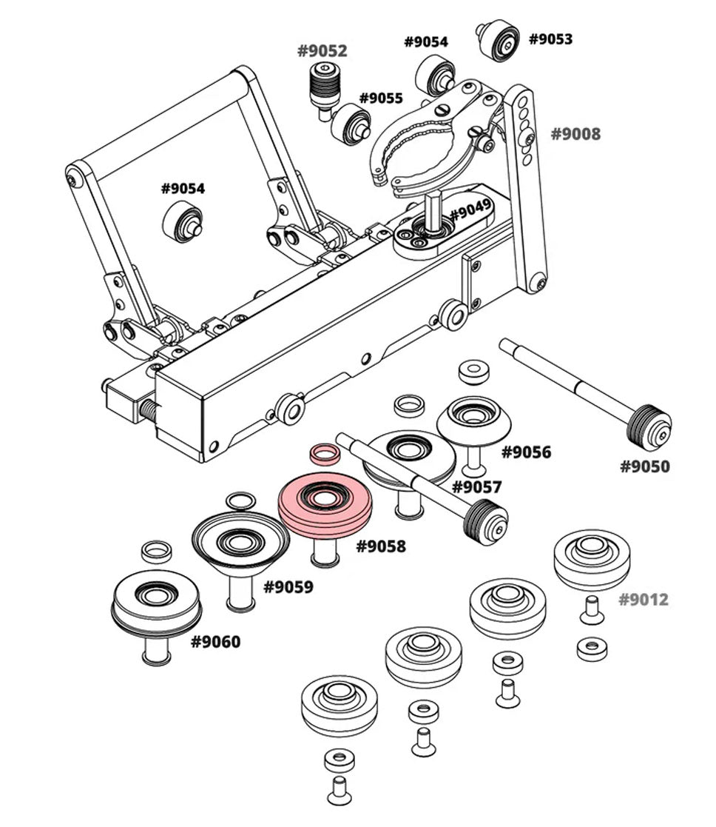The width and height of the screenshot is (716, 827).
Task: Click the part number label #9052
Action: click(322, 51)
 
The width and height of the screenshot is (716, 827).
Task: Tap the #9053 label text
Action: click(550, 38)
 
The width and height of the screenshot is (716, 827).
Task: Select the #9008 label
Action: click(575, 134)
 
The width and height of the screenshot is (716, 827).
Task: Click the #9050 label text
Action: click(644, 466)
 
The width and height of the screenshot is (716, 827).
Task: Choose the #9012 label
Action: click(643, 599)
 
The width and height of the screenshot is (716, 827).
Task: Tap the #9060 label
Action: click(215, 641)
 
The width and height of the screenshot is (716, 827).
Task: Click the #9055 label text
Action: click(381, 98)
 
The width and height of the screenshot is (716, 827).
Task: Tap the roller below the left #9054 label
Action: click(181, 221)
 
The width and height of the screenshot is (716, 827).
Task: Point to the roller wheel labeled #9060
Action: click(156, 603)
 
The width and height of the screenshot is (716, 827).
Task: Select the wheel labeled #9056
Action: click(474, 419)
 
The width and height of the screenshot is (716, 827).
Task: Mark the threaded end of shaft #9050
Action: click(651, 427)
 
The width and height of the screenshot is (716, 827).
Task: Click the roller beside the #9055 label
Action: click(351, 122)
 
